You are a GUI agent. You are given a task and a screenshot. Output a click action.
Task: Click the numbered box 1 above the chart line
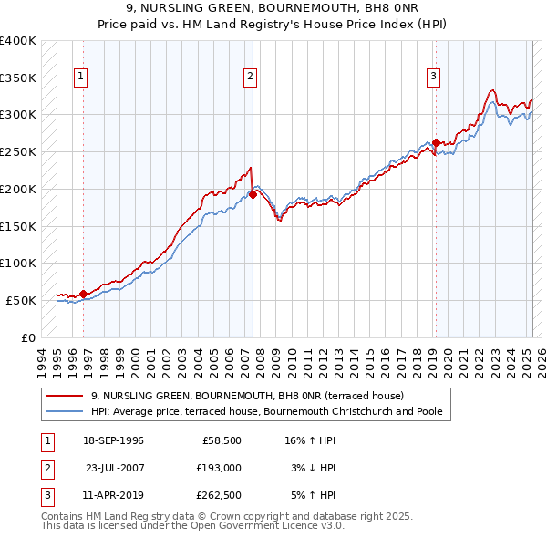[x=81, y=77]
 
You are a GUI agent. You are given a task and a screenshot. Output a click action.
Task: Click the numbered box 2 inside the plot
[x=250, y=77]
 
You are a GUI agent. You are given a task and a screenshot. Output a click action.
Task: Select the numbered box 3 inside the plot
[x=434, y=77]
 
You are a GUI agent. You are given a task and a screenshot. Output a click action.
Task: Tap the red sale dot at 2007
[x=253, y=193]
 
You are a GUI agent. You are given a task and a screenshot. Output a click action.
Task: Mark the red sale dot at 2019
[x=436, y=142]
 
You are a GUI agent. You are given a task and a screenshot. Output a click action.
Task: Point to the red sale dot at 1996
[x=83, y=294]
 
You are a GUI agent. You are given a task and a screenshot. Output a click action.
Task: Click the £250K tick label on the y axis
[x=18, y=151]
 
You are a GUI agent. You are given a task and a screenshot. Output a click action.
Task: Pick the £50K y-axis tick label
[x=22, y=300]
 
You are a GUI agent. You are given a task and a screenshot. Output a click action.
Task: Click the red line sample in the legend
[x=65, y=396]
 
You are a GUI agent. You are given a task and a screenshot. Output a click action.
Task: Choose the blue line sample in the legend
[x=65, y=411]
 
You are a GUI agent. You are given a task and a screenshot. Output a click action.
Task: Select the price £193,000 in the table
[x=220, y=468]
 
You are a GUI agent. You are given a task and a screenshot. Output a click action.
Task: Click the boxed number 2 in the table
[x=45, y=468]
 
